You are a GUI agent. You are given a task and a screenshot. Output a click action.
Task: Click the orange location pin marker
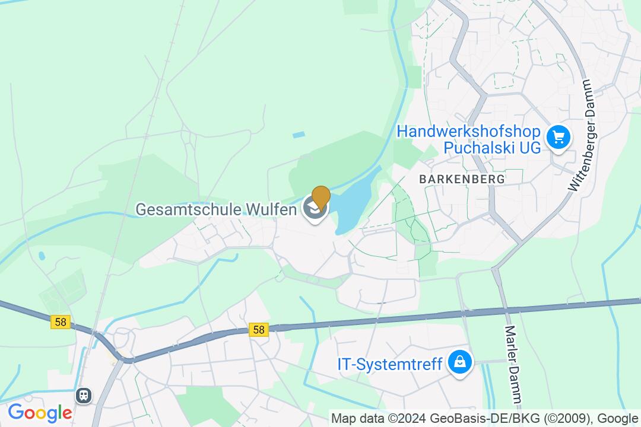pos(321,197)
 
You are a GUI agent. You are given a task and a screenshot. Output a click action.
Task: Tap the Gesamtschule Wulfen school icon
pos(313,209)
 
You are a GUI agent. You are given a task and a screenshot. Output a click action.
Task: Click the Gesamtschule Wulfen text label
pos(216,209)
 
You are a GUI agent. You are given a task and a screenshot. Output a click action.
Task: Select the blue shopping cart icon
pos(558,138)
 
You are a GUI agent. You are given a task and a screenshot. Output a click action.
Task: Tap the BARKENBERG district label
pos(462,179)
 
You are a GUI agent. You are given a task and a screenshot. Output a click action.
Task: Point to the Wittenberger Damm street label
pos(581,135)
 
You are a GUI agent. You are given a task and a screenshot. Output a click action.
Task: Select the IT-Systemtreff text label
pos(390,364)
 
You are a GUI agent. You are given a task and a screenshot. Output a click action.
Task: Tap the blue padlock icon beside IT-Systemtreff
pos(459,362)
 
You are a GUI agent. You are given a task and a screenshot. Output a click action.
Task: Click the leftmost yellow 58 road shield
pos(61,322)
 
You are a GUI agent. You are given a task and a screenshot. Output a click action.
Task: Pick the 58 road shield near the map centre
pos(259,329)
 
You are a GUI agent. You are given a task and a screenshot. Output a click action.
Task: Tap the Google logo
pos(39,412)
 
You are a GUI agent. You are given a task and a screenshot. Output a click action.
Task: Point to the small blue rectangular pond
pos(299,135)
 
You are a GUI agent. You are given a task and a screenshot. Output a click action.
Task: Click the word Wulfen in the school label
pos(274,209)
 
